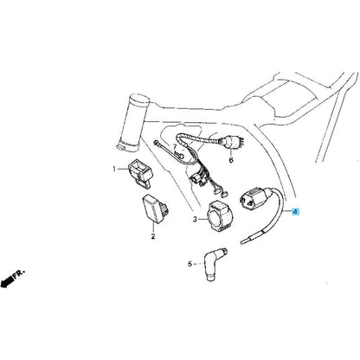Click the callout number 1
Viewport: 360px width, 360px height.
[114, 169]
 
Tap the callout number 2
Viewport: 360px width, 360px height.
[153, 236]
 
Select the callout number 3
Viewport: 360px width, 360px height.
[195, 220]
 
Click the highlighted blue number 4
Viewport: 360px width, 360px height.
[295, 212]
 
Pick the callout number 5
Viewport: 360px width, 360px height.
[190, 264]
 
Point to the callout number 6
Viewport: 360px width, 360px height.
[231, 160]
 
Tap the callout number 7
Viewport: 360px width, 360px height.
[175, 146]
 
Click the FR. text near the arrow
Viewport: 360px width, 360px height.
[20, 273]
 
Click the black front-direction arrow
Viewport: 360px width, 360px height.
[7, 281]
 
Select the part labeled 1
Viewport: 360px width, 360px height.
[140, 174]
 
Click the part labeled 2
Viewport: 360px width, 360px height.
[154, 208]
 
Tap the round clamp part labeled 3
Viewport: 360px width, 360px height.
[220, 216]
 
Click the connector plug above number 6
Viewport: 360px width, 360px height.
[232, 143]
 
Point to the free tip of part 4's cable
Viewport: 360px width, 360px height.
[241, 243]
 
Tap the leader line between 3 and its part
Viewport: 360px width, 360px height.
[202, 220]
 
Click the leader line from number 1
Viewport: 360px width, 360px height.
[122, 169]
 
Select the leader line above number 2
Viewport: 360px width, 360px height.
[153, 227]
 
